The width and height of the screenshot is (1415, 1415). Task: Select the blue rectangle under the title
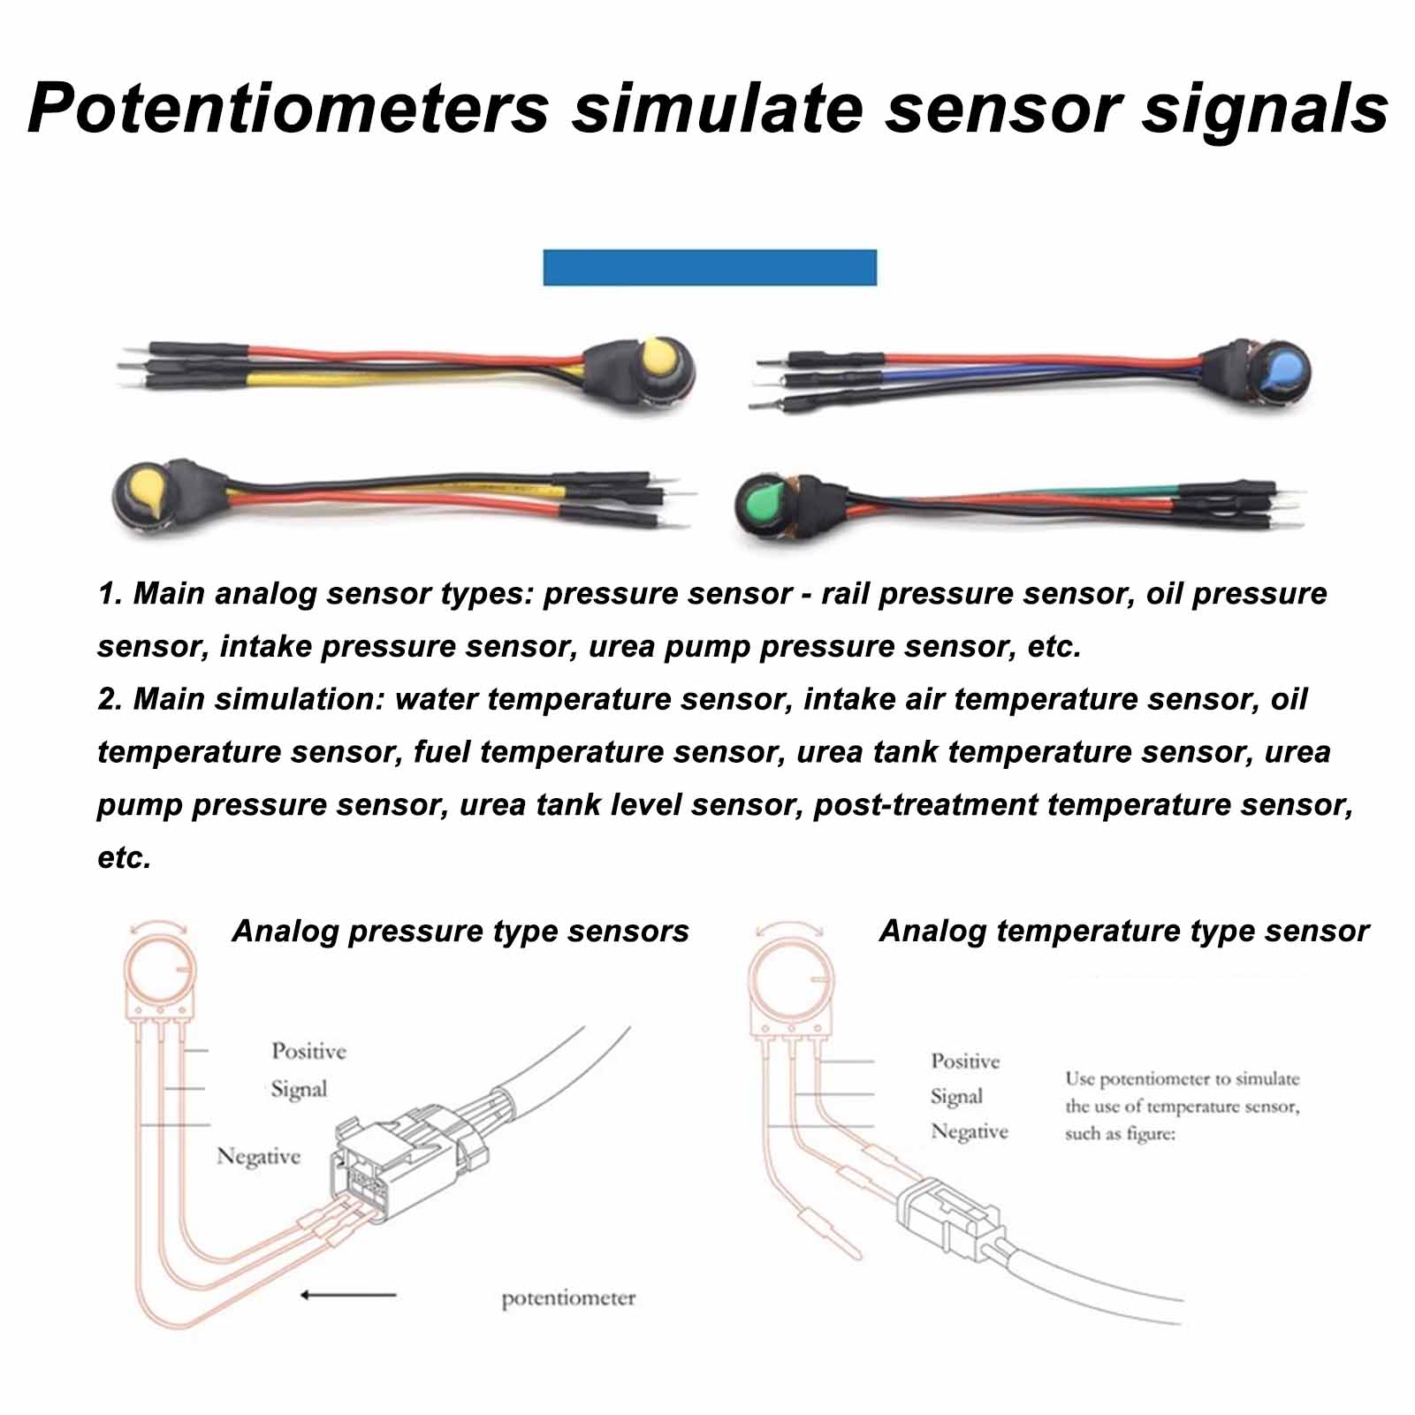pos(709,267)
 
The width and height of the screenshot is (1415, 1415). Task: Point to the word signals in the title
pos(1265,108)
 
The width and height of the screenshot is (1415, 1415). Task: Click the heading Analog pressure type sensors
pos(460,931)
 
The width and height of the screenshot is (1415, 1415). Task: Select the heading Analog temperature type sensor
pos(1123,931)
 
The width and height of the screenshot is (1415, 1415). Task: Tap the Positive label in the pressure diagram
pos(308,1051)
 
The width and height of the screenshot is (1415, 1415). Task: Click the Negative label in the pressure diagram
pos(258,1156)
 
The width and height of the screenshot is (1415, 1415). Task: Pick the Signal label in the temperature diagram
pos(956,1097)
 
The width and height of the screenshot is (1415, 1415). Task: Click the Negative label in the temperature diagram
pos(969,1132)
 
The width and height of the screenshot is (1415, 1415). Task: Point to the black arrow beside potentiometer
pos(347,1295)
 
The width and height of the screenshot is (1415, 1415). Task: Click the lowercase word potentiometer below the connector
pos(568,1298)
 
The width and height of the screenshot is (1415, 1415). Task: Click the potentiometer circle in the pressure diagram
pos(159,973)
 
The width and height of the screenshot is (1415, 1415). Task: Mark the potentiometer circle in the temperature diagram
pos(789,981)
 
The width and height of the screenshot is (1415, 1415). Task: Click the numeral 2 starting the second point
pos(109,699)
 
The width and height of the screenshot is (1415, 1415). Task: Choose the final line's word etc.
pos(124,857)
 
